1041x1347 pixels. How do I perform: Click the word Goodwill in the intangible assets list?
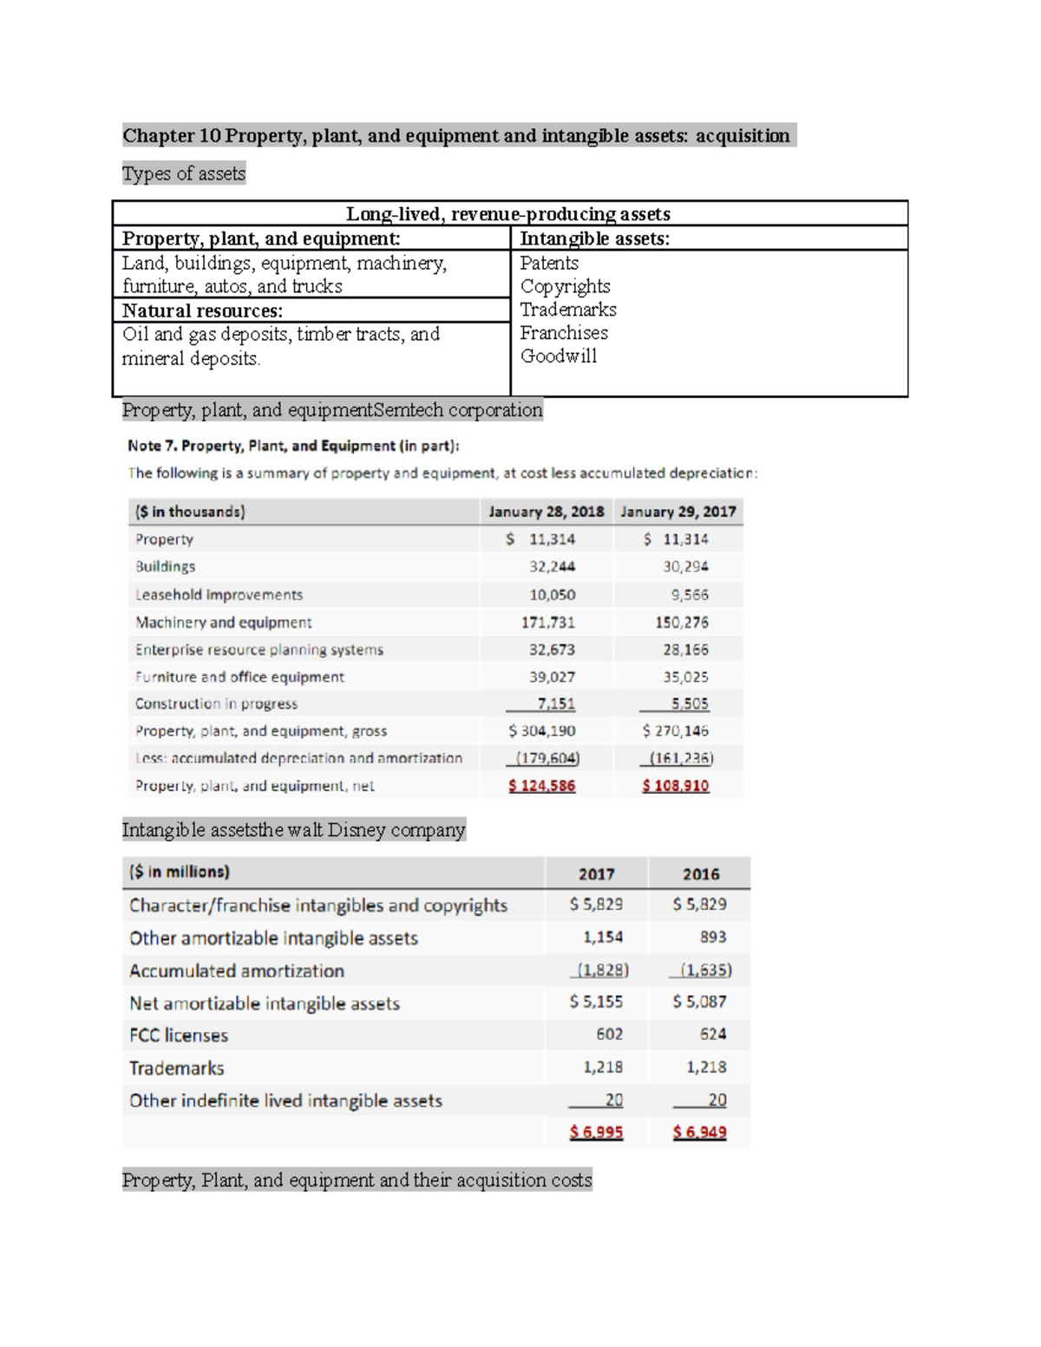[558, 356]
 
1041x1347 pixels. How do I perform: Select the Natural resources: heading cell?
[202, 311]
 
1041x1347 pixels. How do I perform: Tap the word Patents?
[549, 263]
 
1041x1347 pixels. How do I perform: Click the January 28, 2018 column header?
[546, 512]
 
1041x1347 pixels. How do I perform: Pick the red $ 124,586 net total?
[541, 786]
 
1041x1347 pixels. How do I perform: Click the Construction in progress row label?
[216, 703]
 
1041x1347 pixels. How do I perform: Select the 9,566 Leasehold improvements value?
[689, 595]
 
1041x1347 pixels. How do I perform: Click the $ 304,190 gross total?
[541, 731]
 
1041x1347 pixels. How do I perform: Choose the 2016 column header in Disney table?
[700, 874]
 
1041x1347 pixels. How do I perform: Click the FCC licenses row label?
[179, 1036]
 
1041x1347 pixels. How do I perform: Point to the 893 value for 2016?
[712, 937]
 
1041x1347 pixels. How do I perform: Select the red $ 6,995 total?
[596, 1132]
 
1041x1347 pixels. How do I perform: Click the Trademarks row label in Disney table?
[177, 1069]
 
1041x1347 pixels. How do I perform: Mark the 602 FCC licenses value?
[609, 1034]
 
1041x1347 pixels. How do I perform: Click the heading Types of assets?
[184, 173]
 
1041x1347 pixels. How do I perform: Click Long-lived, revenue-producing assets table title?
[508, 214]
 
